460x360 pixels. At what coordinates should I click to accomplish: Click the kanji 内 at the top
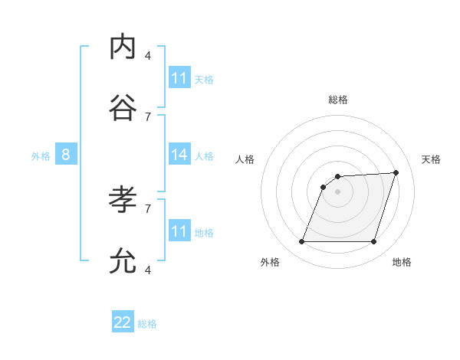click(x=123, y=47)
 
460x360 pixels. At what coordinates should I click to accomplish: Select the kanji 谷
click(x=123, y=108)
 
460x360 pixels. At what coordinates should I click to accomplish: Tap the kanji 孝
click(x=123, y=200)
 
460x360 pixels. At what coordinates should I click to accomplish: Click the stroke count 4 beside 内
click(x=148, y=55)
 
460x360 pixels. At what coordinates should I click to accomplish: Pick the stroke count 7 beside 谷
click(x=148, y=116)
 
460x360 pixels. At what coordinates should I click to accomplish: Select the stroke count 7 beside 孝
click(x=148, y=208)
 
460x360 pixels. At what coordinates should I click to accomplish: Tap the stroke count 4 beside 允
click(x=148, y=270)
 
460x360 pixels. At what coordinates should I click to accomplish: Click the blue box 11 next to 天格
click(x=179, y=78)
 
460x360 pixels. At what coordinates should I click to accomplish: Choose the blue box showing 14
click(x=179, y=155)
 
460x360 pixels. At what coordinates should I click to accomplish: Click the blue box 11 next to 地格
click(x=179, y=231)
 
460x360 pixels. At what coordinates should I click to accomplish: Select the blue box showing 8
click(x=66, y=155)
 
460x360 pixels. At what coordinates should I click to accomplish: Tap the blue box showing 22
click(x=123, y=322)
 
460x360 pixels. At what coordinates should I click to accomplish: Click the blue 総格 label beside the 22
click(x=147, y=324)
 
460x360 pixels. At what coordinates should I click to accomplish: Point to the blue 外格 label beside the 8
click(x=41, y=156)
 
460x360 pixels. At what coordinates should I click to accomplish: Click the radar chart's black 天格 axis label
click(x=431, y=159)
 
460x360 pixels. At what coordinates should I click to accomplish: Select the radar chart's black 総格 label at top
click(x=338, y=100)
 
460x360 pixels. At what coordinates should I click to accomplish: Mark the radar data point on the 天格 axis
click(x=396, y=172)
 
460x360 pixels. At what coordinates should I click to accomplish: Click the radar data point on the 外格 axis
click(x=302, y=242)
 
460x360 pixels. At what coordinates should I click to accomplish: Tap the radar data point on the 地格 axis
click(x=373, y=242)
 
